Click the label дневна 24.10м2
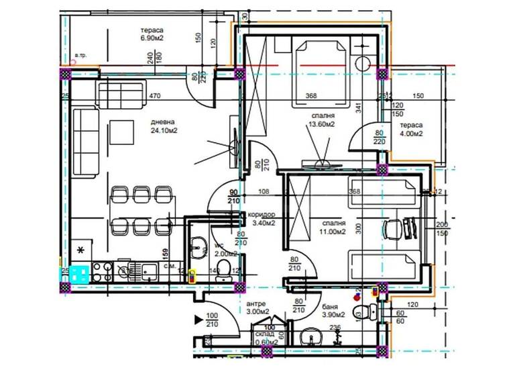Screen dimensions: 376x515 164,126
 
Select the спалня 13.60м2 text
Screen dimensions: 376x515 321,119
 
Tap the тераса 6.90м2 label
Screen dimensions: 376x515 152,35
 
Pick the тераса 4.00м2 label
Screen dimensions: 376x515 411,130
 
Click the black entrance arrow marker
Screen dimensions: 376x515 198,320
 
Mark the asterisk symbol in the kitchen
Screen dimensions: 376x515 81,250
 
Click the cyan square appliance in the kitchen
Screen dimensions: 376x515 80,273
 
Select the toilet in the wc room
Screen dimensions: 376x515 227,270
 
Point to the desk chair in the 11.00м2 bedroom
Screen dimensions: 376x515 392,228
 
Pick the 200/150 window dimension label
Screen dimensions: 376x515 441,228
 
